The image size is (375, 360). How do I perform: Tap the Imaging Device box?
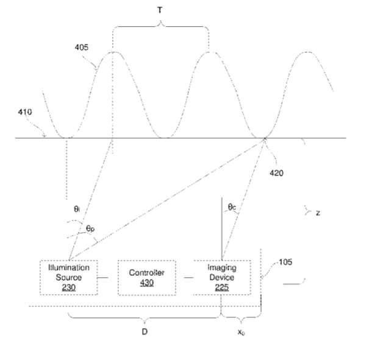click(x=222, y=278)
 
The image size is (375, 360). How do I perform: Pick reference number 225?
click(x=222, y=288)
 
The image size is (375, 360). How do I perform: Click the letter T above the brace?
click(x=160, y=12)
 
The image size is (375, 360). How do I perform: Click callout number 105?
click(x=285, y=262)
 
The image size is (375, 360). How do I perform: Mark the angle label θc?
click(x=232, y=206)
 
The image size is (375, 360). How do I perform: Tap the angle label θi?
click(x=76, y=208)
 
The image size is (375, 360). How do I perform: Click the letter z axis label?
click(x=318, y=213)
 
